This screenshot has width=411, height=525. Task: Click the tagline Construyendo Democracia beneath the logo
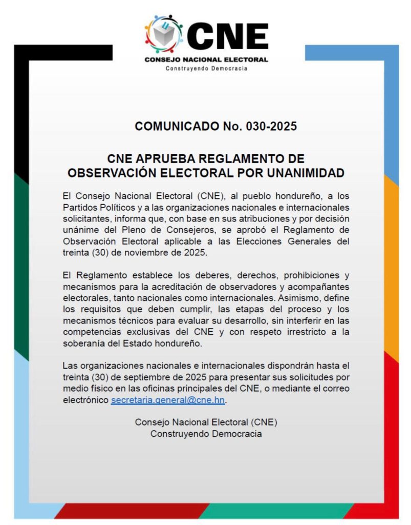click(x=206, y=68)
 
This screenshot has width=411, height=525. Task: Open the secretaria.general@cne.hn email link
click(x=168, y=400)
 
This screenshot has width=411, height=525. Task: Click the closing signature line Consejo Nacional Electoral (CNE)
click(x=206, y=422)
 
